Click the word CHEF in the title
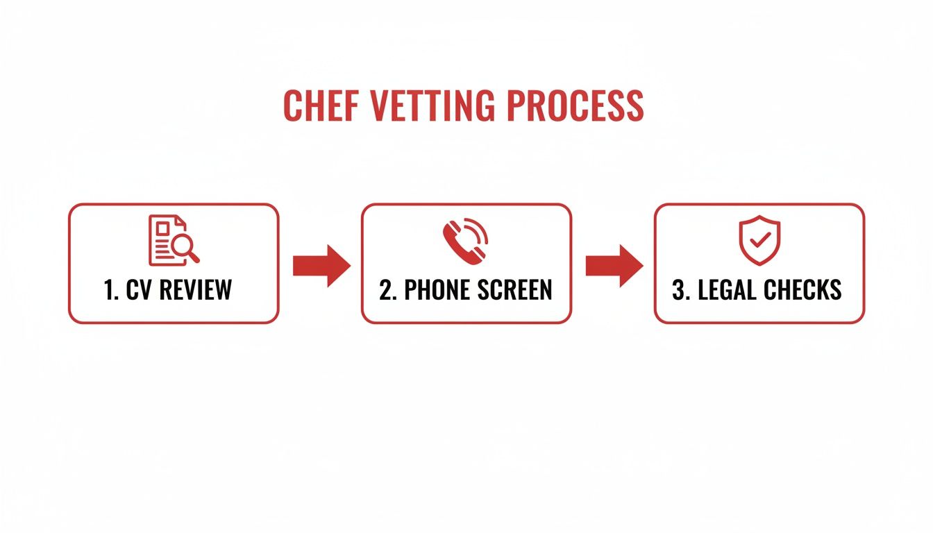click(321, 105)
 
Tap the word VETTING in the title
click(432, 105)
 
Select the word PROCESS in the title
click(575, 105)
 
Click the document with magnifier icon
click(174, 240)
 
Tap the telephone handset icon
click(465, 241)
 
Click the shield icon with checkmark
click(759, 240)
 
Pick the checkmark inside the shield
click(760, 240)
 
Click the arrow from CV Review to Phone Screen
click(321, 266)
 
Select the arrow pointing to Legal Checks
click(614, 266)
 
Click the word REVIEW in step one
click(195, 290)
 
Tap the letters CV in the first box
click(138, 290)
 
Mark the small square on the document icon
click(162, 228)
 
